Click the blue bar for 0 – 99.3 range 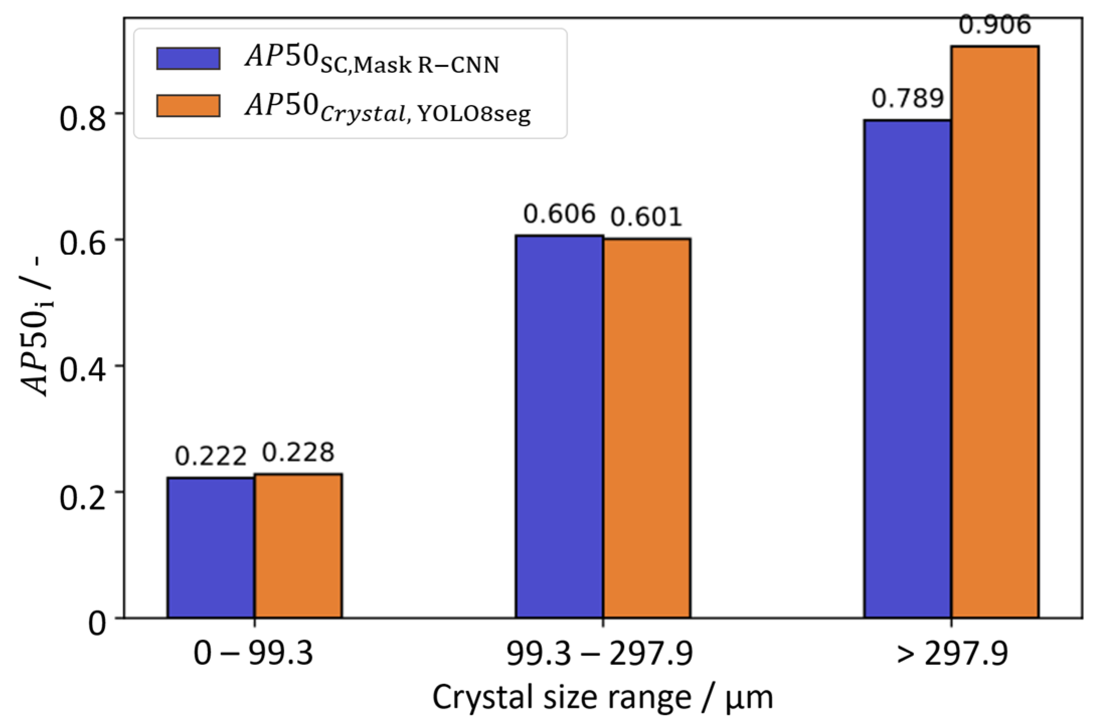point(211,548)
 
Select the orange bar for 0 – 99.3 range point(298,546)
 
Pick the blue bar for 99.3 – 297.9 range point(559,427)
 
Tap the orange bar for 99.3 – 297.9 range point(647,428)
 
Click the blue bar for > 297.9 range point(907,369)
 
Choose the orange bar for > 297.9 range point(995,332)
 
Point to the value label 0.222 point(211,456)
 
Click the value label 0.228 point(298,452)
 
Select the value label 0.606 point(559,214)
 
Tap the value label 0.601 point(647,217)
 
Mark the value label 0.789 point(907,98)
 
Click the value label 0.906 point(995,25)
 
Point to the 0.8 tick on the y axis point(83,119)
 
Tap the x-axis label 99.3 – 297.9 point(599,654)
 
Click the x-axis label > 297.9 point(952,654)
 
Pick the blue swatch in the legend point(188,58)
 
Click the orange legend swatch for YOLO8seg point(188,106)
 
